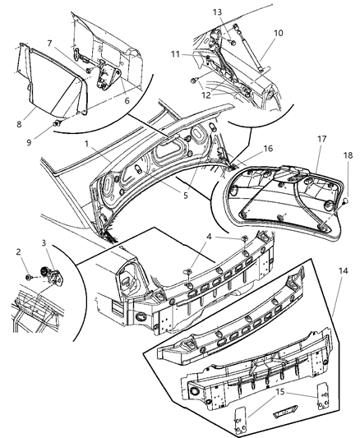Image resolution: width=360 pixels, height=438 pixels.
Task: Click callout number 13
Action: pos(217,12)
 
